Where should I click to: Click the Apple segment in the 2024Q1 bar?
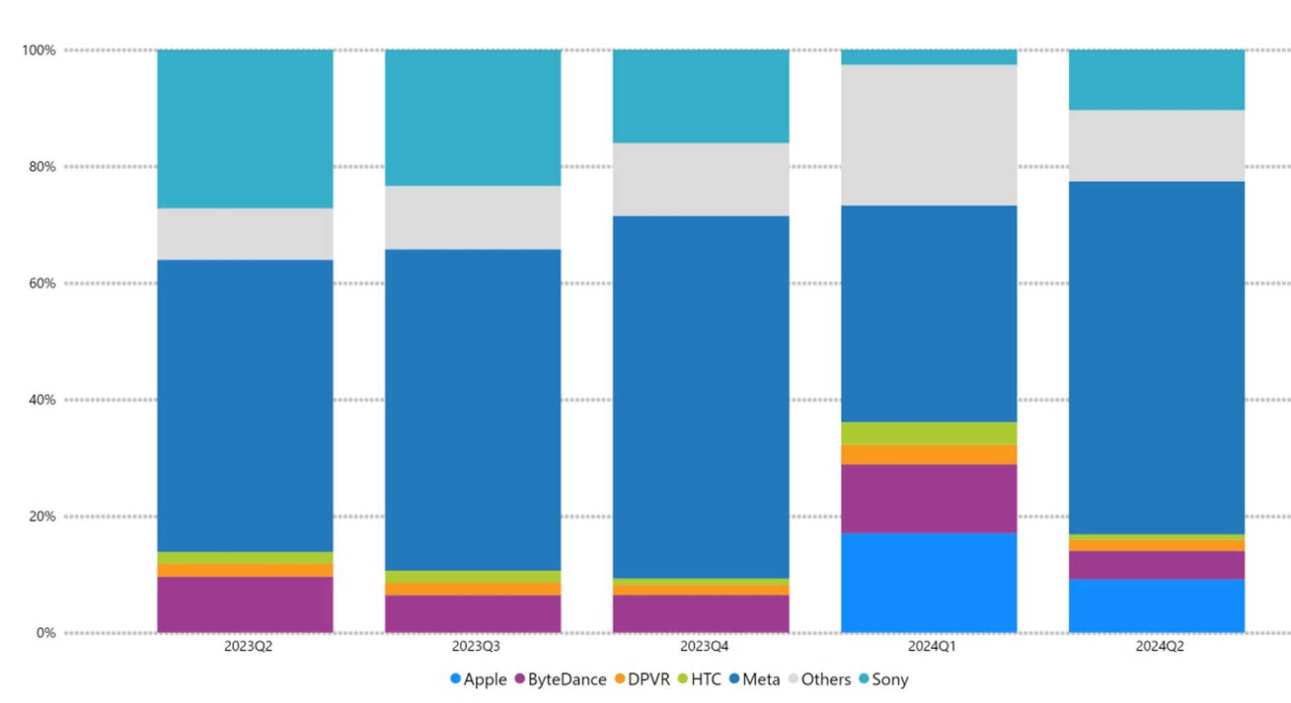pyautogui.click(x=929, y=583)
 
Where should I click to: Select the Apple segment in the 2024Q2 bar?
pyautogui.click(x=1157, y=605)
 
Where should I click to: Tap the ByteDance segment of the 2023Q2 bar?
pyautogui.click(x=245, y=604)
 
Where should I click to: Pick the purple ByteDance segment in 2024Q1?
pyautogui.click(x=929, y=498)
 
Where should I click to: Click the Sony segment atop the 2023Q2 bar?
pyautogui.click(x=245, y=128)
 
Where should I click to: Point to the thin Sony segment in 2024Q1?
pyautogui.click(x=929, y=57)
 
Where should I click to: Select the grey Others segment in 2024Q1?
pyautogui.click(x=929, y=135)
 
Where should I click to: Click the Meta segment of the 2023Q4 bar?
pyautogui.click(x=701, y=397)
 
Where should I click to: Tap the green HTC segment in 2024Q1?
pyautogui.click(x=929, y=433)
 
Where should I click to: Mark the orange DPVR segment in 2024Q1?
pyautogui.click(x=929, y=455)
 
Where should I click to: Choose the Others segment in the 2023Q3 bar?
pyautogui.click(x=473, y=217)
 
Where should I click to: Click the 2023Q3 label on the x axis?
pyautogui.click(x=475, y=646)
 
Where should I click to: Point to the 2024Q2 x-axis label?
pyautogui.click(x=1159, y=646)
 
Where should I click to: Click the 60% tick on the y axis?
pyautogui.click(x=42, y=283)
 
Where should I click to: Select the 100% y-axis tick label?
pyautogui.click(x=39, y=50)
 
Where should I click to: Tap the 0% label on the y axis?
pyautogui.click(x=46, y=633)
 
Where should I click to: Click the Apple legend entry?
pyautogui.click(x=479, y=679)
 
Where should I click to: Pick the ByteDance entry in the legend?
pyautogui.click(x=561, y=679)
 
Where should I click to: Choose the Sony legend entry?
pyautogui.click(x=884, y=679)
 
